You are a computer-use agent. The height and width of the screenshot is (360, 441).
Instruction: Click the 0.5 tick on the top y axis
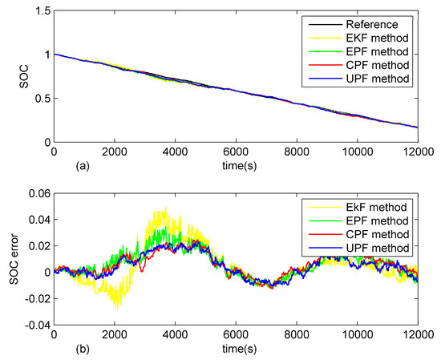click(41, 99)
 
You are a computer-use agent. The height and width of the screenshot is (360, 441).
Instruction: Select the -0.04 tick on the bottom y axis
click(36, 325)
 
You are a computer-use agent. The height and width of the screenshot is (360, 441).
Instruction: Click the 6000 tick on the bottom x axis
click(236, 336)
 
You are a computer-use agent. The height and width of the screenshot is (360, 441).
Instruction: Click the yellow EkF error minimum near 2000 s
click(118, 306)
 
